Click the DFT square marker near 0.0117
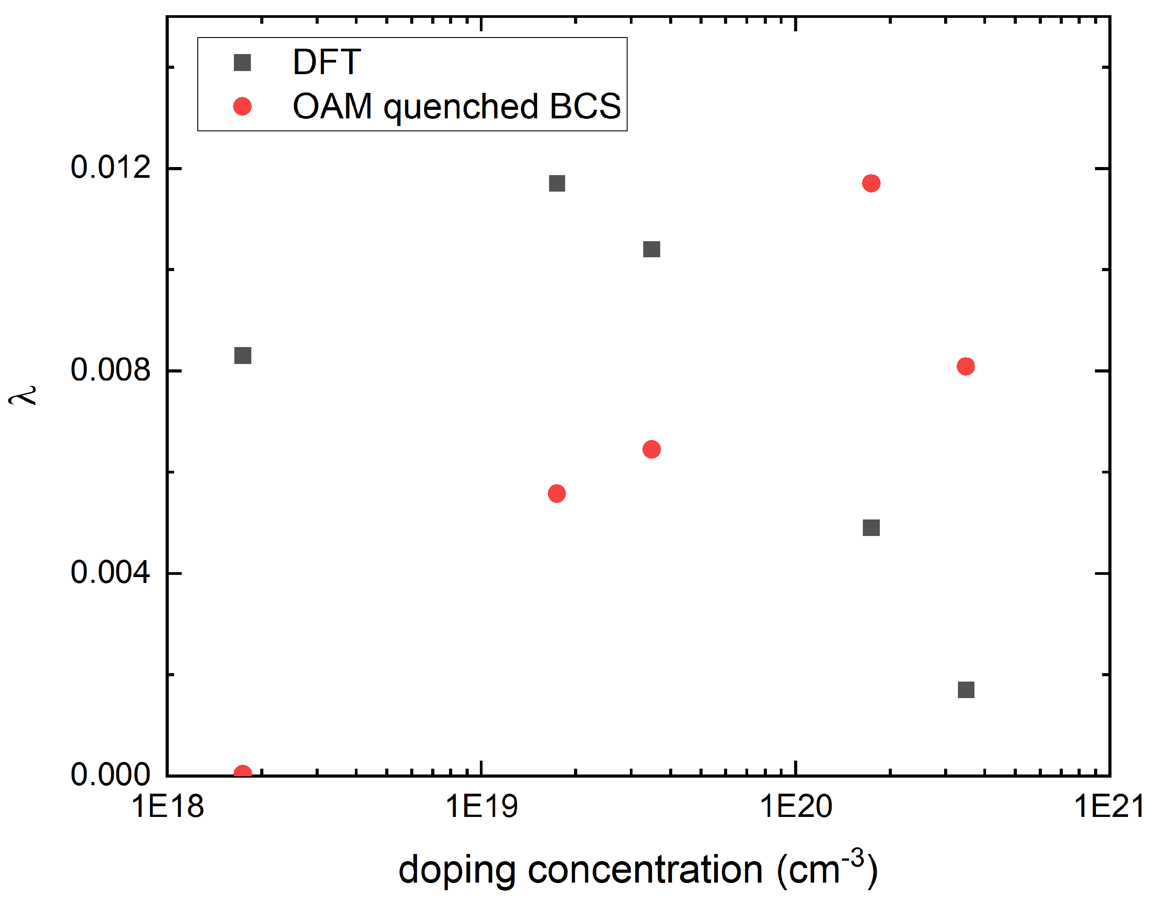(x=557, y=183)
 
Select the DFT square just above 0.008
(x=242, y=356)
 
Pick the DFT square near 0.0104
(x=651, y=249)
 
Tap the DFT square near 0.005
(x=871, y=527)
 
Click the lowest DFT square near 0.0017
(x=966, y=690)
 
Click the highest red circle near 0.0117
(x=871, y=183)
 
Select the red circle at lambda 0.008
(x=966, y=366)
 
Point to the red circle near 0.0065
(x=651, y=449)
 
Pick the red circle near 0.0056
(x=557, y=494)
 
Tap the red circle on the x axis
(x=242, y=773)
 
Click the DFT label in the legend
(x=327, y=63)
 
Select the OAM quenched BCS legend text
(x=457, y=107)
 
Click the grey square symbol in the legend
(x=242, y=63)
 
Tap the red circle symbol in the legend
(x=242, y=107)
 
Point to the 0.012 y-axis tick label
(x=110, y=168)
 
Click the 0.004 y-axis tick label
(x=110, y=573)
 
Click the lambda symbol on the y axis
(x=22, y=395)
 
